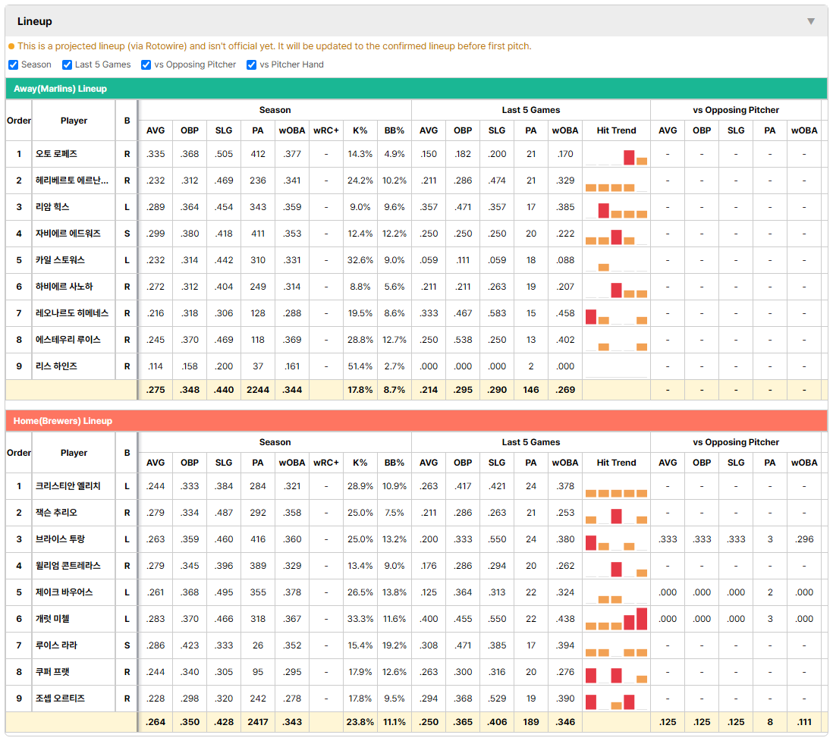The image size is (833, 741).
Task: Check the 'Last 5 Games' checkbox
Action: (x=67, y=64)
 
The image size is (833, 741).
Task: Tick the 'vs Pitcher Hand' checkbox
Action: (x=251, y=64)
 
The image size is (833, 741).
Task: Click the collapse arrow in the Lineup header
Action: (x=811, y=21)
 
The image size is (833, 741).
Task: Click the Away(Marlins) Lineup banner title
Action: (x=60, y=89)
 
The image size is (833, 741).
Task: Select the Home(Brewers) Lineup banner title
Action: (x=63, y=421)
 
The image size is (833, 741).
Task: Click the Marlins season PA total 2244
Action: (x=258, y=390)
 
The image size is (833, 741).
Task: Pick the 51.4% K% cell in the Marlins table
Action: (x=360, y=366)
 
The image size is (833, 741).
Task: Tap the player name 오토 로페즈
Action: (x=56, y=154)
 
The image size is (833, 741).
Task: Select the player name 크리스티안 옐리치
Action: (x=68, y=486)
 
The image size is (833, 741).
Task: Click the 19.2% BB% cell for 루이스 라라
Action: (x=394, y=645)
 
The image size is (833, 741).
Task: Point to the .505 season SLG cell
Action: (x=224, y=154)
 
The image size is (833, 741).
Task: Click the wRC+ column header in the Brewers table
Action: (x=325, y=463)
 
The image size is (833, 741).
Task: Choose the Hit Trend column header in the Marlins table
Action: (x=616, y=130)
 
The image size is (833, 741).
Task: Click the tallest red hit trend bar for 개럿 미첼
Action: (x=642, y=619)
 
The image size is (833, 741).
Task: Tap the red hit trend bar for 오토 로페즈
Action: (x=629, y=158)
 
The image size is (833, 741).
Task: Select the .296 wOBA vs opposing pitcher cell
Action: (x=804, y=539)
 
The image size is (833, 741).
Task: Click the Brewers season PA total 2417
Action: (x=258, y=722)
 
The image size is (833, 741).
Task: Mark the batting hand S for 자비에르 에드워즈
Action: (x=127, y=234)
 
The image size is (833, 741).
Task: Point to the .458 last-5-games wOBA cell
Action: (x=565, y=313)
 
